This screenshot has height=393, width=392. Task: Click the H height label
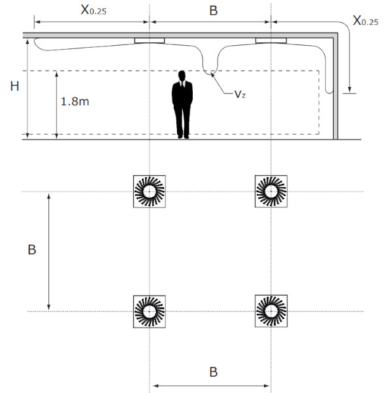point(15,86)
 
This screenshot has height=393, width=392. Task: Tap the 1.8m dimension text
point(75,101)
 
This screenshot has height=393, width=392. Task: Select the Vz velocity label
point(240,94)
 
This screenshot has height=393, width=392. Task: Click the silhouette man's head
point(182,75)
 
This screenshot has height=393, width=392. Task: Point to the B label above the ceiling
point(214,10)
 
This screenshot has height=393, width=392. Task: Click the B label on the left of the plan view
point(32,250)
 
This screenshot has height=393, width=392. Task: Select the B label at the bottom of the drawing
point(214,372)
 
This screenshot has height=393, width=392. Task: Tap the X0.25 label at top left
point(93,10)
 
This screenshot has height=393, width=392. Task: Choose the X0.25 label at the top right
point(365,20)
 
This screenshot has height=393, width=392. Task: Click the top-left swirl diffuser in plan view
point(149,192)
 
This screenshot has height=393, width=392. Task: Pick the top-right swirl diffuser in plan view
point(271,192)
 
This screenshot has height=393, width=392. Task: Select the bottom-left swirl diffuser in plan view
point(149,311)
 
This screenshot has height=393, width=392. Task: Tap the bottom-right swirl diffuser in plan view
point(271,311)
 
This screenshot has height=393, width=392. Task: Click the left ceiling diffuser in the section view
point(150,41)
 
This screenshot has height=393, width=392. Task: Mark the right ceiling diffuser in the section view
point(271,41)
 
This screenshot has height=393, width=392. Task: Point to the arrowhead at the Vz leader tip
point(212,74)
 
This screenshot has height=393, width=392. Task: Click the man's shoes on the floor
point(184,137)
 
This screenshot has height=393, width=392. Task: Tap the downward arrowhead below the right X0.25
point(350,90)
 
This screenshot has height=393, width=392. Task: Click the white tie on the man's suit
point(182,84)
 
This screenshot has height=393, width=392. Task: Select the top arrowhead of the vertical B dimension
point(49,196)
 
